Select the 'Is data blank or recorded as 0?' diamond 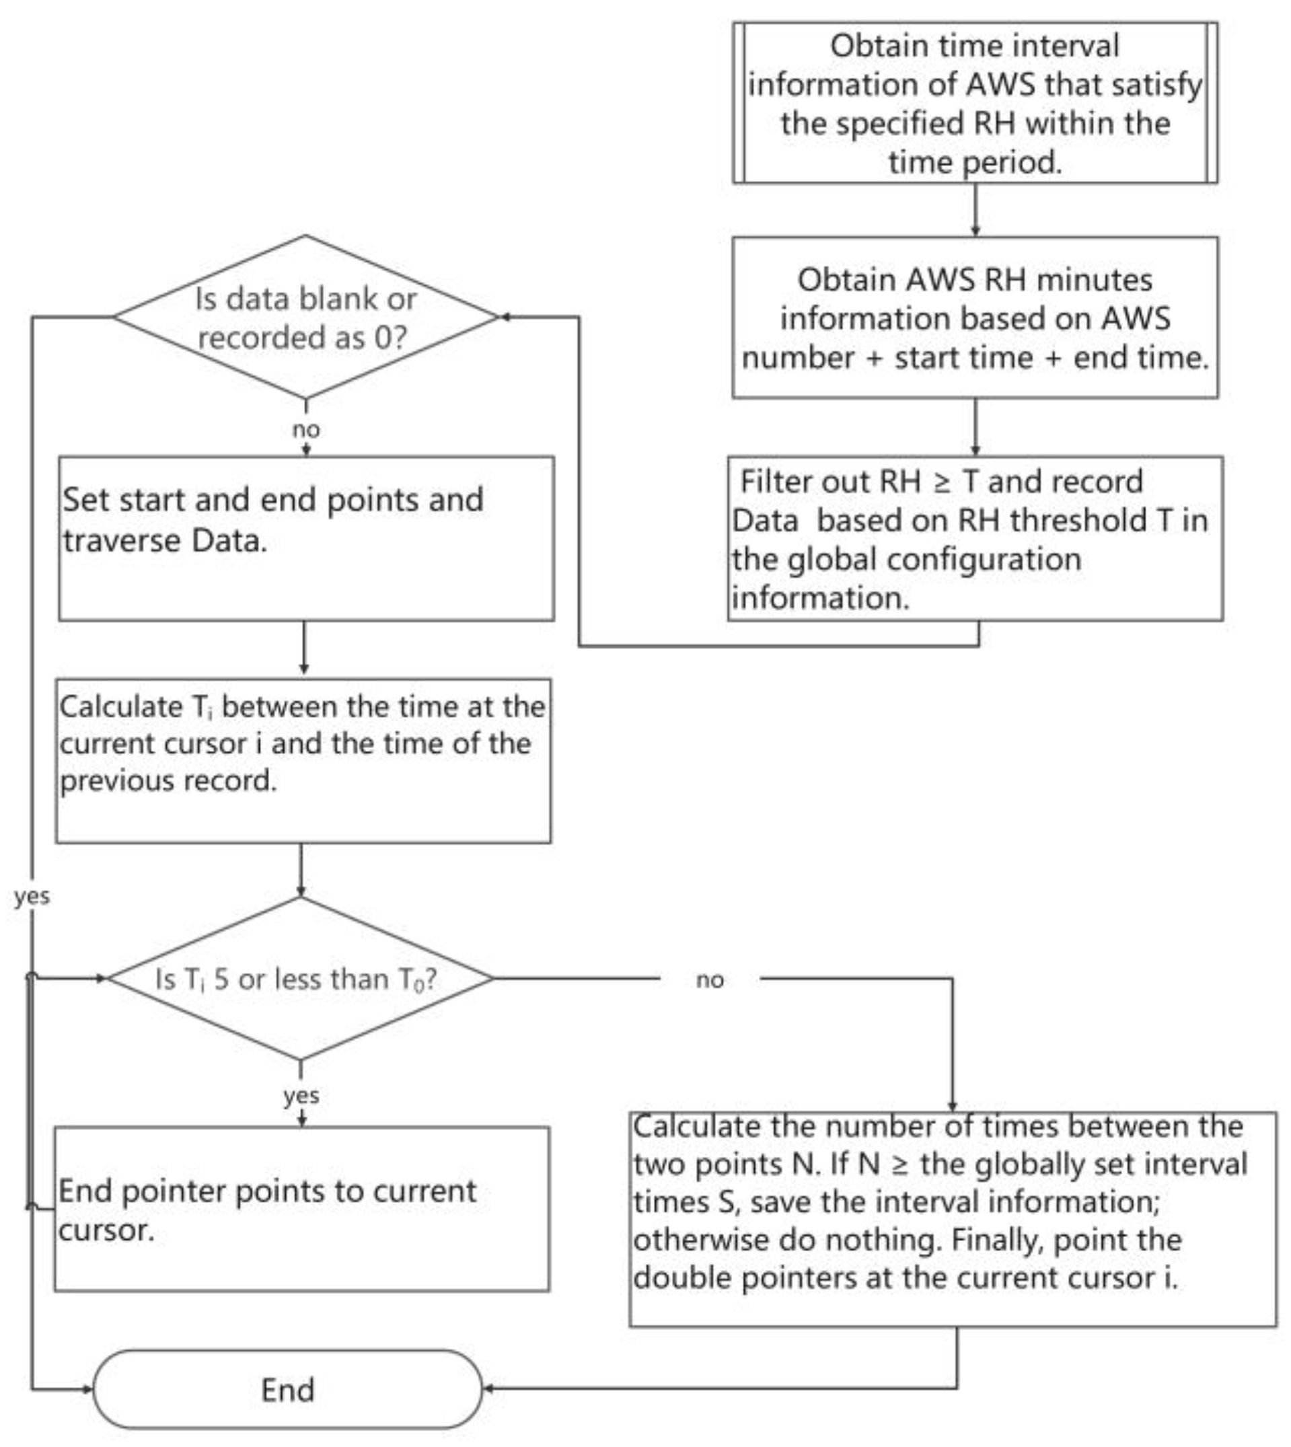click(x=305, y=317)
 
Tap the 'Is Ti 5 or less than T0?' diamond click(x=300, y=979)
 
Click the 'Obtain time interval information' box click(x=975, y=103)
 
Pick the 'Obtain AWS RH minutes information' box click(x=975, y=317)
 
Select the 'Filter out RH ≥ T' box click(x=975, y=538)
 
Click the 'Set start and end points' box click(x=305, y=538)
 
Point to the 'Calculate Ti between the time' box click(x=303, y=760)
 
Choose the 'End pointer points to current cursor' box click(x=301, y=1209)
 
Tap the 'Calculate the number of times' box click(x=953, y=1220)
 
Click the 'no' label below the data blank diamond click(x=305, y=429)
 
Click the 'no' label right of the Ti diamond click(x=709, y=979)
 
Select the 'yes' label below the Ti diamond click(x=301, y=1095)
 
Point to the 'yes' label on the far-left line click(x=32, y=896)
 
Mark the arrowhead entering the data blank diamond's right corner click(x=505, y=317)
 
